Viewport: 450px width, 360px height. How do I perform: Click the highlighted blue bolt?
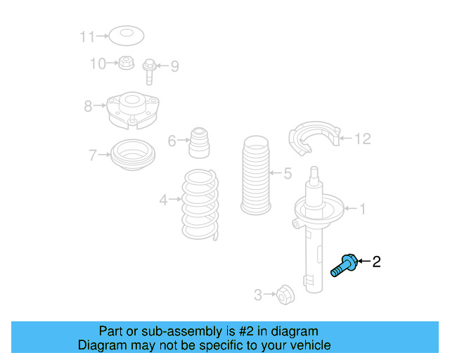pyautogui.click(x=344, y=266)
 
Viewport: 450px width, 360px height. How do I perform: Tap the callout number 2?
pyautogui.click(x=376, y=262)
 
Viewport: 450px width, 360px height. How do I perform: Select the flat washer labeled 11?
pyautogui.click(x=127, y=34)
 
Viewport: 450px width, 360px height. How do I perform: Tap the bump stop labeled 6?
pyautogui.click(x=200, y=143)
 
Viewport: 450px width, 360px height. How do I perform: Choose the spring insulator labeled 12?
pyautogui.click(x=314, y=139)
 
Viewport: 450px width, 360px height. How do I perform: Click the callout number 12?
pyautogui.click(x=361, y=139)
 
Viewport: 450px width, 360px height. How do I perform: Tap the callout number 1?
pyautogui.click(x=363, y=208)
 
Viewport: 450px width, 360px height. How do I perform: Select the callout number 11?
pyautogui.click(x=86, y=35)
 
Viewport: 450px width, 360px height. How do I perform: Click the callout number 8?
pyautogui.click(x=87, y=107)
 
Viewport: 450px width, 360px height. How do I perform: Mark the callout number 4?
pyautogui.click(x=163, y=200)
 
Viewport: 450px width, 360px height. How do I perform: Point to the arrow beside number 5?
pyautogui.click(x=273, y=173)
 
